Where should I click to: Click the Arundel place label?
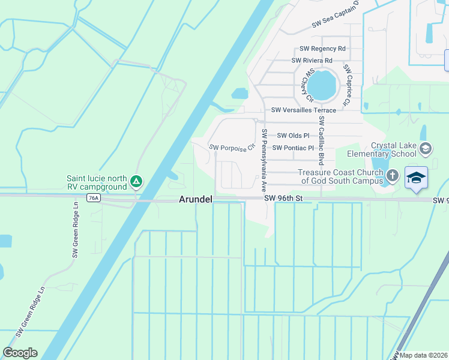click(195, 199)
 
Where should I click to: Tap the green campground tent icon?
click(136, 181)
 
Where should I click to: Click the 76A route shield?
click(92, 197)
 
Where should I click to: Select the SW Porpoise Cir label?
click(232, 148)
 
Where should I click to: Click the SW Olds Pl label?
click(292, 136)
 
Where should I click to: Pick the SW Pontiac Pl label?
click(293, 148)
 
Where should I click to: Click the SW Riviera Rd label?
click(312, 61)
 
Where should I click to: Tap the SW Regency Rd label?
click(322, 49)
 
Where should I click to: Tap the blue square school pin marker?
click(416, 178)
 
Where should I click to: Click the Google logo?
click(20, 353)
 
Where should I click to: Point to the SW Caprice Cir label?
click(346, 86)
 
